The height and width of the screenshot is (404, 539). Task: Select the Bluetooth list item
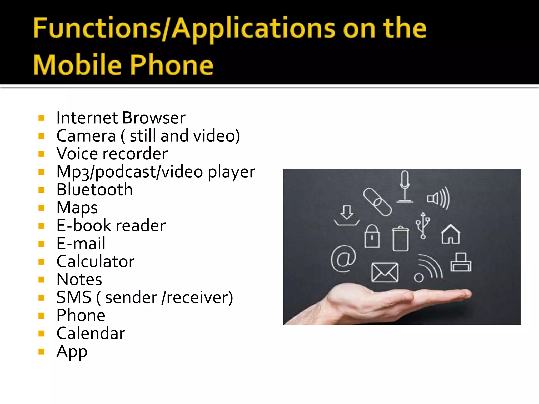94,190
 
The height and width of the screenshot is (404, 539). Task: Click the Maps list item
77,208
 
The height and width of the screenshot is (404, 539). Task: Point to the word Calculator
96,261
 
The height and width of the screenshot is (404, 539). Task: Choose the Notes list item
79,279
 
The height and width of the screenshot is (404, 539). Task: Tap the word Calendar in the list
91,333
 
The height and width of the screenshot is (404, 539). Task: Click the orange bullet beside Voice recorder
41,154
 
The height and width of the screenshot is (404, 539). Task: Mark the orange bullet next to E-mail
41,244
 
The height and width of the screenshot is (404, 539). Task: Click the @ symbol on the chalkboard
343,259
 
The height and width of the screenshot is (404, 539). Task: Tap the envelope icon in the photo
385,272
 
